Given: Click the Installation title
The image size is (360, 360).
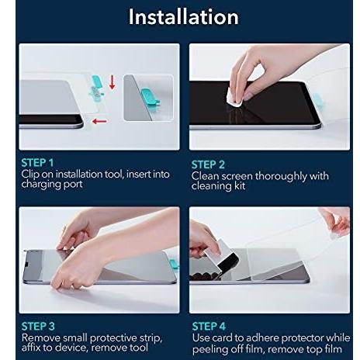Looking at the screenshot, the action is click(x=183, y=17).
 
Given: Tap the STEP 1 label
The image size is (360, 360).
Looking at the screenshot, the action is click(x=37, y=163).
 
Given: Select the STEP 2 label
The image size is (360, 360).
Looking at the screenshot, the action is click(x=208, y=164).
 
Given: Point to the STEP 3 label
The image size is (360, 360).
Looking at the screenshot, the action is click(x=38, y=326).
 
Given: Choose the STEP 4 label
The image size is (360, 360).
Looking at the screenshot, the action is click(x=209, y=326).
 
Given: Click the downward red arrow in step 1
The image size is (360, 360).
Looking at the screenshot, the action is click(x=112, y=82).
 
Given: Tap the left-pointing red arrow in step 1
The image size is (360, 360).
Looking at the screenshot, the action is click(x=99, y=121).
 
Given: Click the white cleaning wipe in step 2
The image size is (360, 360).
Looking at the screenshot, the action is click(x=234, y=97).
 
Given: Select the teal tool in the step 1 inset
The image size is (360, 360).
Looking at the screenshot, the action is click(x=151, y=97).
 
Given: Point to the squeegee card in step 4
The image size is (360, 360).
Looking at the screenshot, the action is click(x=221, y=255).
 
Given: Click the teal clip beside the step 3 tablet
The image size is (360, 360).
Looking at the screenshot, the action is click(x=175, y=265).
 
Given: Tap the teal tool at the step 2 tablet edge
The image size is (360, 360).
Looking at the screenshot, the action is click(x=317, y=102).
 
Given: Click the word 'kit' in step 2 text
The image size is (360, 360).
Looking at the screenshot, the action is click(x=240, y=185).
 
